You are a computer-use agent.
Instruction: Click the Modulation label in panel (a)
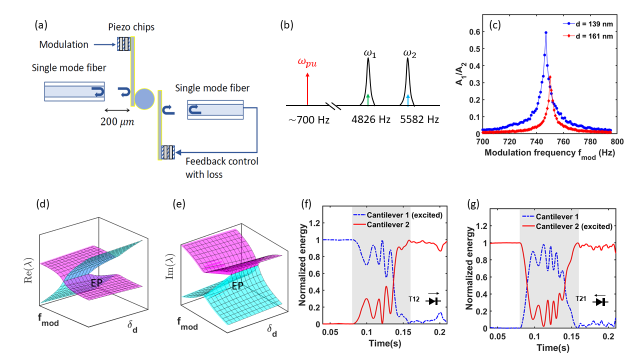(64, 44)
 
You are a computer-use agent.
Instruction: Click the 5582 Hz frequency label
(408, 120)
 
